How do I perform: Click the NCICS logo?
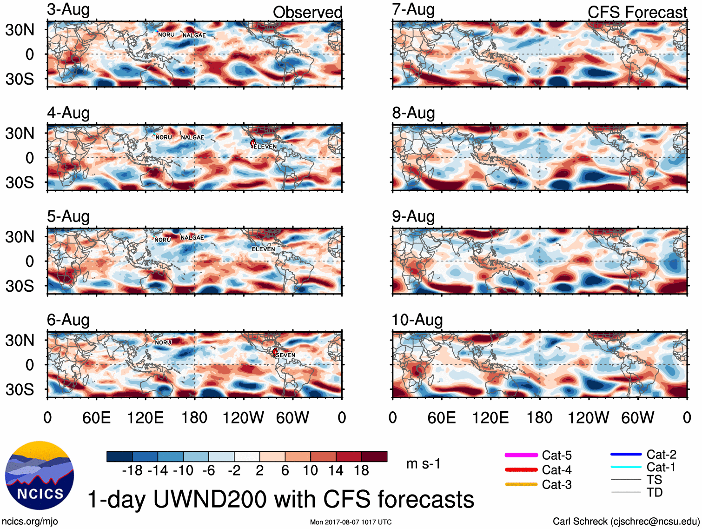[39, 475]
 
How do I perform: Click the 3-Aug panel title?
[68, 10]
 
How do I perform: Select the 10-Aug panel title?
[417, 320]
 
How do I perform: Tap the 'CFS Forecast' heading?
[637, 13]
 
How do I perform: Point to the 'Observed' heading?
[307, 13]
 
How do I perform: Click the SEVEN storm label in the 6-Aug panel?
[285, 355]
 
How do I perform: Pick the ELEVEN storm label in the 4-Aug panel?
[265, 147]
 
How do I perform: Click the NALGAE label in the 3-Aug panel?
[194, 35]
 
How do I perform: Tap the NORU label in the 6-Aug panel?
[163, 342]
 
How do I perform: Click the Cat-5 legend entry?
[556, 455]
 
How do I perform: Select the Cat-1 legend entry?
[661, 467]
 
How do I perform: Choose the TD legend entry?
[655, 492]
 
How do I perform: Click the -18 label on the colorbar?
[132, 470]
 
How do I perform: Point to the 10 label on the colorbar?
[310, 470]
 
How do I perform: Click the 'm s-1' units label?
[423, 463]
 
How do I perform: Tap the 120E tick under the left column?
[145, 417]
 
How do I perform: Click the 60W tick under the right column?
[637, 417]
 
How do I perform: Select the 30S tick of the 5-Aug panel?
[20, 286]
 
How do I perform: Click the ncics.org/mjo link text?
[30, 521]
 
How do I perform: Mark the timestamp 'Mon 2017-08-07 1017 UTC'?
[351, 522]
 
